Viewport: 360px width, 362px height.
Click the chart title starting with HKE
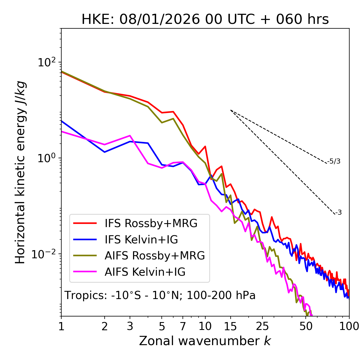[x=205, y=19]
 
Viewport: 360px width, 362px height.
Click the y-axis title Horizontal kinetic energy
[x=20, y=172]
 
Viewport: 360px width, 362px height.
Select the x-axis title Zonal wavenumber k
[x=205, y=341]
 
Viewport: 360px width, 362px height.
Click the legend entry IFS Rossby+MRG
[x=151, y=223]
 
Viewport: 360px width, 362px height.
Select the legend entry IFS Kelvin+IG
[x=141, y=239]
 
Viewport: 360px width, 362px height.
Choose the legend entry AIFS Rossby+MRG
[x=155, y=255]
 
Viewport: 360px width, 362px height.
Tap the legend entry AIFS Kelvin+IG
[x=145, y=272]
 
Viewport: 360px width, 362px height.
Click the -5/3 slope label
[x=334, y=161]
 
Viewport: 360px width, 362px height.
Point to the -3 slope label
[x=338, y=212]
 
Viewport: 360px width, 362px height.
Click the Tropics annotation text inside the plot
[x=160, y=295]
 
